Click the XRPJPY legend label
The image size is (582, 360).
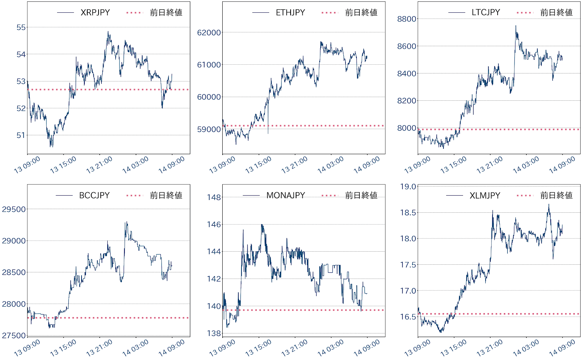click(95, 12)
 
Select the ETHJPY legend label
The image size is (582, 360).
click(290, 12)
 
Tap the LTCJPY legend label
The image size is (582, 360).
click(486, 12)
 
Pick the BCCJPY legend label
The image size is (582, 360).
click(94, 195)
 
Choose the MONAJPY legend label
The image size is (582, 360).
click(286, 195)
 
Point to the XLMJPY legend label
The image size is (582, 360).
click(485, 195)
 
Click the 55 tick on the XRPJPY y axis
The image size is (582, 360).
click(21, 27)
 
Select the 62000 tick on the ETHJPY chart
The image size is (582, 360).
click(209, 32)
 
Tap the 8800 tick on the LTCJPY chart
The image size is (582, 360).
click(406, 19)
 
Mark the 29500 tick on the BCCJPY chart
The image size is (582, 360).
click(14, 209)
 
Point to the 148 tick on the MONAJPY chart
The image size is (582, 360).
click(214, 197)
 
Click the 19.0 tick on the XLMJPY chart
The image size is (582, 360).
click(408, 187)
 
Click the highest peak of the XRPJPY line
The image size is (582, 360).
click(108, 32)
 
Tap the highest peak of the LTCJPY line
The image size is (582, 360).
click(515, 26)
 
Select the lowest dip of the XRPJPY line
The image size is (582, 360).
click(51, 147)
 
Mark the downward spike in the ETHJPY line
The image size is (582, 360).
click(268, 133)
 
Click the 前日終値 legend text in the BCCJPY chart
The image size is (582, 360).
click(166, 195)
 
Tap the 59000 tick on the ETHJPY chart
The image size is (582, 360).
click(209, 129)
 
